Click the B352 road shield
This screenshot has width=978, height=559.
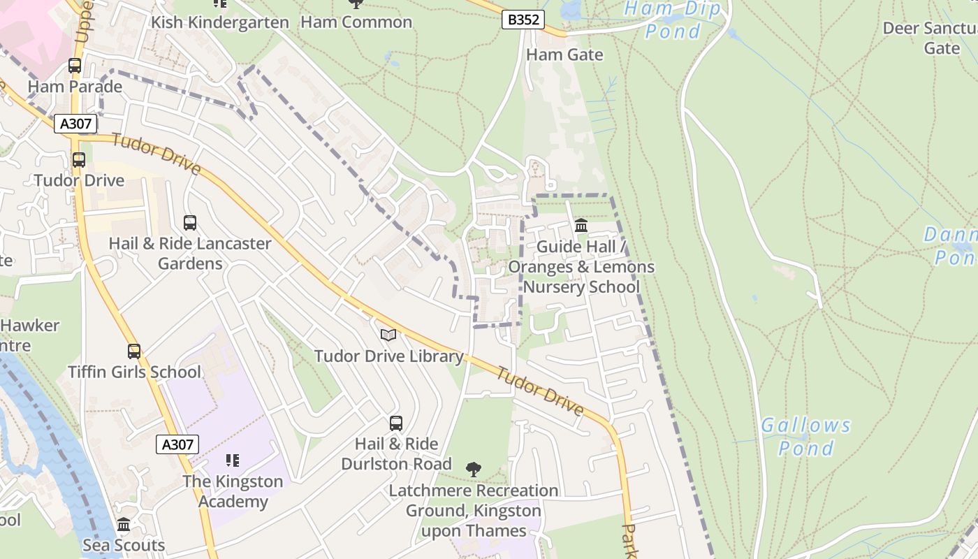523,20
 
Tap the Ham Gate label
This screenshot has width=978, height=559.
564,55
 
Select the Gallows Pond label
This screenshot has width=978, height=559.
805,436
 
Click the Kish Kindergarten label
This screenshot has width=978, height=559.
220,22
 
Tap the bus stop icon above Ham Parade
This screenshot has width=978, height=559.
75,66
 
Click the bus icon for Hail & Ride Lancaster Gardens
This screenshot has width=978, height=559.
189,223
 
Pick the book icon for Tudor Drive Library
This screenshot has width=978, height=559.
388,335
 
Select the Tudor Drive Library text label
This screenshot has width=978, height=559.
388,356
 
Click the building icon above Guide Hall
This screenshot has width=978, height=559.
581,226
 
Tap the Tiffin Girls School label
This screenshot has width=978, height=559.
134,372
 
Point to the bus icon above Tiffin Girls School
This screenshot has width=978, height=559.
133,351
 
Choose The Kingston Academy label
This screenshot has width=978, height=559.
233,491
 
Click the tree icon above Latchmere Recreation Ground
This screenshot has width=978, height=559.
474,468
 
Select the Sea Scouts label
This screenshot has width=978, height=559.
124,545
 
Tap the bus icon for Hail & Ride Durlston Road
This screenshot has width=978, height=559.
395,423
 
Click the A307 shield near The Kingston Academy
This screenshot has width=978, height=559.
177,444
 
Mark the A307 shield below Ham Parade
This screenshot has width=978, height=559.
75,124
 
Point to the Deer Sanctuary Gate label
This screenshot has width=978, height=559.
930,38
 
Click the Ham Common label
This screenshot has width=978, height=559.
356,22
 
